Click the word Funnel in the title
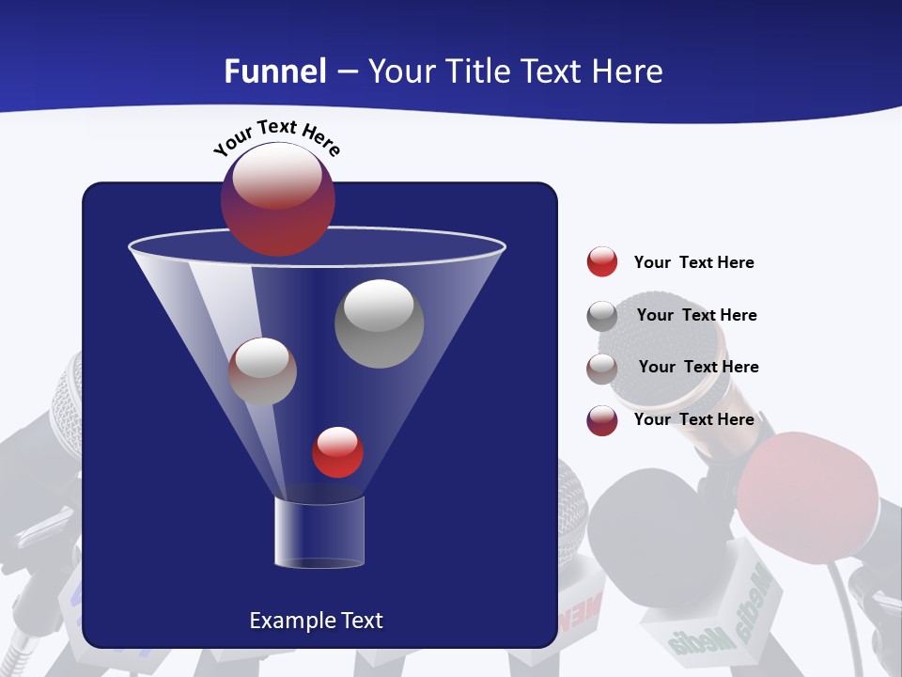coord(275,71)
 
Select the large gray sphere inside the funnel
coord(379,323)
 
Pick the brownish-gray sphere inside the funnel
coord(262,370)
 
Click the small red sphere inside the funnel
coord(337,452)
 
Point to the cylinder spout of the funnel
coord(319,532)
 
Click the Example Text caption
coord(316,621)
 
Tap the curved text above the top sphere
coord(276,136)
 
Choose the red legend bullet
coord(601,261)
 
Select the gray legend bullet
coord(601,315)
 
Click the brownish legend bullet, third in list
coord(601,368)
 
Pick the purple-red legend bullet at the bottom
coord(601,419)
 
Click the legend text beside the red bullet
coord(693,262)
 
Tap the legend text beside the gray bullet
coord(696,315)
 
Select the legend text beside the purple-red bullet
coord(693,419)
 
